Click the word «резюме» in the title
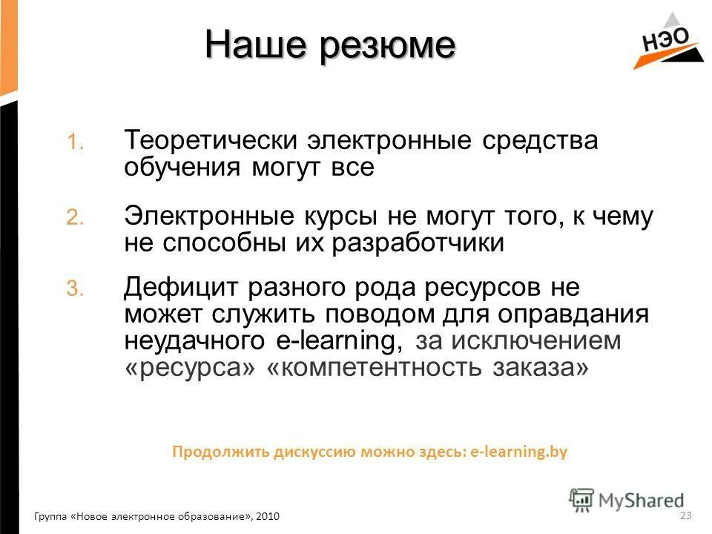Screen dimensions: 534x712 pyautogui.click(x=389, y=46)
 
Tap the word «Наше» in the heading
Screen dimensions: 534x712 pyautogui.click(x=257, y=46)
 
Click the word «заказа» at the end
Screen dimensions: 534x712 pyautogui.click(x=541, y=367)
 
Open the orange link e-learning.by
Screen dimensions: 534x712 pyautogui.click(x=519, y=452)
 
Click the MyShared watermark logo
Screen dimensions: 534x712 pyautogui.click(x=627, y=499)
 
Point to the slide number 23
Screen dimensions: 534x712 pyautogui.click(x=685, y=515)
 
